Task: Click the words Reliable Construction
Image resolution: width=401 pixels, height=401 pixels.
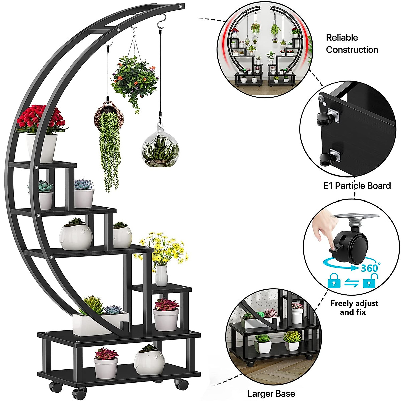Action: click(352, 44)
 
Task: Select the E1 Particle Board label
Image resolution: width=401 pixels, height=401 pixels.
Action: click(357, 186)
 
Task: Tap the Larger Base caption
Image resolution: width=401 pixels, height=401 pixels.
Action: click(271, 394)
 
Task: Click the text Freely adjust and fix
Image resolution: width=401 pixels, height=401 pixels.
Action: click(354, 308)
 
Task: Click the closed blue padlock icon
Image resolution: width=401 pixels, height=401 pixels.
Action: click(334, 281)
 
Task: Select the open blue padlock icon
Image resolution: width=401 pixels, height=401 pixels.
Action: click(370, 281)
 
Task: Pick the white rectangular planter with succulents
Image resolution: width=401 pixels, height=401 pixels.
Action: click(100, 322)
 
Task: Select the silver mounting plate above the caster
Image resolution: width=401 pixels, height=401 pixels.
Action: click(356, 219)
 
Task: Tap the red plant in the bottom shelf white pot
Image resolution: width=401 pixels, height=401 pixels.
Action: click(106, 354)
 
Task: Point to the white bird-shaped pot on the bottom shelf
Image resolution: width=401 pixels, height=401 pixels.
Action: click(149, 361)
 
